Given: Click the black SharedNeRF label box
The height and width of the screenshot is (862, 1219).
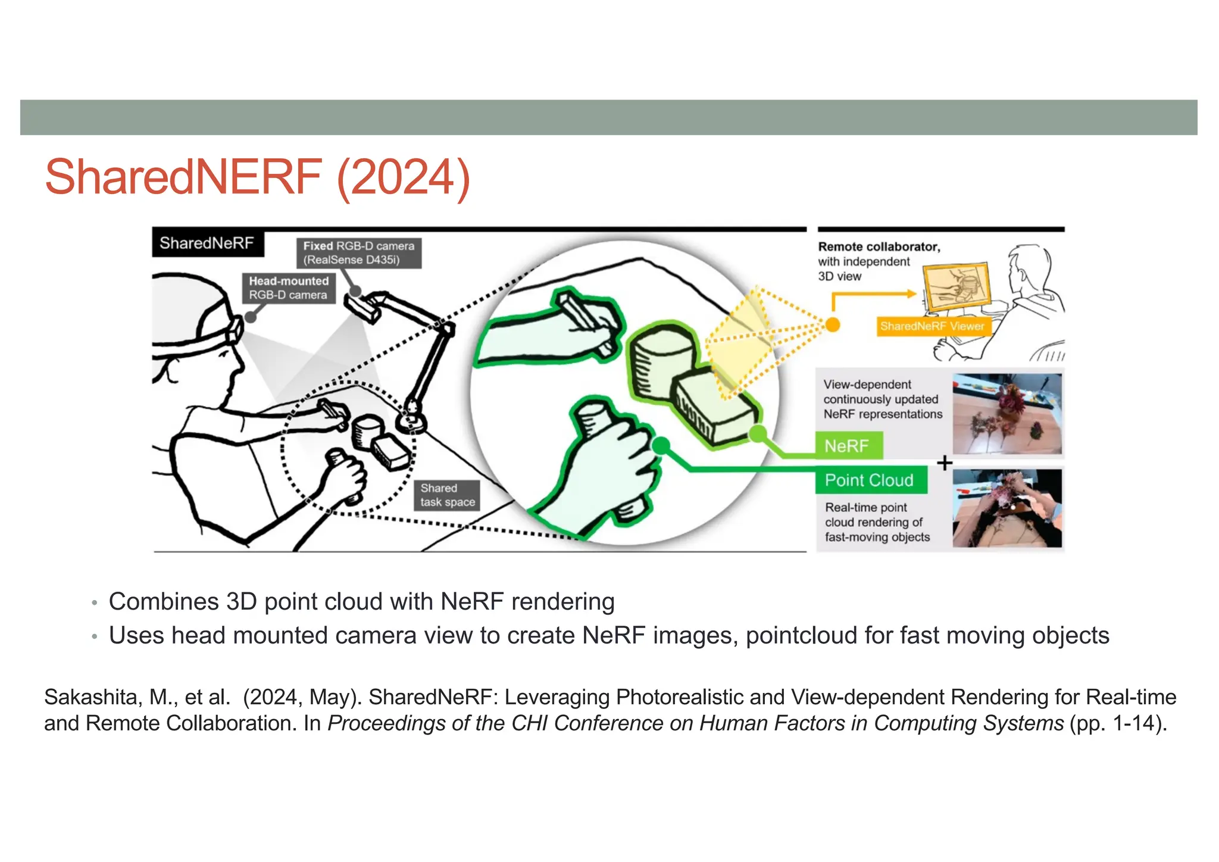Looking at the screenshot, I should (x=207, y=243).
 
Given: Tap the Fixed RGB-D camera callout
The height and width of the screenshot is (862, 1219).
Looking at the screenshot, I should (x=358, y=253).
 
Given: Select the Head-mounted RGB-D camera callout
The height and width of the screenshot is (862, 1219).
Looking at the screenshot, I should (x=289, y=288).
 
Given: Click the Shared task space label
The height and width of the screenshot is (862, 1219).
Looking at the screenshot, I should (x=447, y=495).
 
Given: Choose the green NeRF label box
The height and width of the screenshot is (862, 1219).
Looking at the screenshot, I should (x=848, y=446).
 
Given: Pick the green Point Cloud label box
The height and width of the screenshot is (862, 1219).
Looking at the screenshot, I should (x=870, y=480).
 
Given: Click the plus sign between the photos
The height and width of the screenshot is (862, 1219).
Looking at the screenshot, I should (x=945, y=463).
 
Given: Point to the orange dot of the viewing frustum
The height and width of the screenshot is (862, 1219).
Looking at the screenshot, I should (x=833, y=324).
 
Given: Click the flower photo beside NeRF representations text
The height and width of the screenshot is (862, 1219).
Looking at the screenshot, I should (x=1007, y=413).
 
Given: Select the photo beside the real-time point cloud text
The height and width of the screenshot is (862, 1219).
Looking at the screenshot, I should (x=1007, y=508).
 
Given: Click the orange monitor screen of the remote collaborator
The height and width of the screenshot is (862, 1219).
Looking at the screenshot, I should (x=957, y=286).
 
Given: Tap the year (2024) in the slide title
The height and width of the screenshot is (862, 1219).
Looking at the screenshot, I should (x=404, y=177).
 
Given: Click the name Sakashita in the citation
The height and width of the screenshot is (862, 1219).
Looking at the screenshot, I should (x=93, y=697).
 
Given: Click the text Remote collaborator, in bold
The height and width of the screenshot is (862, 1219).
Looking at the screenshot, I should (x=879, y=246).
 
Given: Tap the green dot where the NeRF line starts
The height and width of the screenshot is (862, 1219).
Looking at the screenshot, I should (x=757, y=433).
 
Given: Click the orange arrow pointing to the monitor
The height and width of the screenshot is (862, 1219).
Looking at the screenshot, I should (x=875, y=293).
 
